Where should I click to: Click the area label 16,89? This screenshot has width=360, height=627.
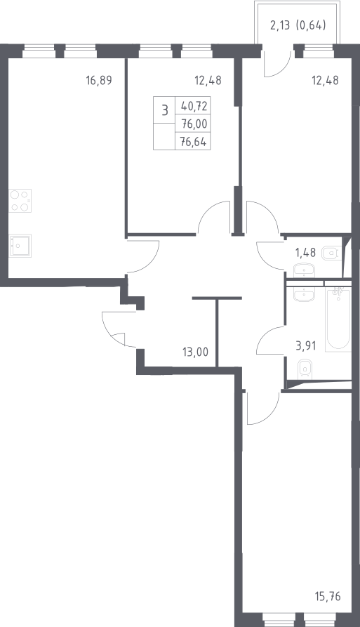tap(99, 80)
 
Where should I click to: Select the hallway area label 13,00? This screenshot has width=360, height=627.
tap(195, 352)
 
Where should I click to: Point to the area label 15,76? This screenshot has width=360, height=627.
tap(327, 597)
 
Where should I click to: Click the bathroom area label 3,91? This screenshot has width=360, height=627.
tap(306, 345)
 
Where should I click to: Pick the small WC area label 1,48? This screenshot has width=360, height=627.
tap(305, 253)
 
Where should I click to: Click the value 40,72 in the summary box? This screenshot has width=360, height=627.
tap(194, 106)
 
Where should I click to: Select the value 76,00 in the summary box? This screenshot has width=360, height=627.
tap(194, 124)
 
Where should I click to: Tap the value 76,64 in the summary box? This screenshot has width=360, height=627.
tap(194, 142)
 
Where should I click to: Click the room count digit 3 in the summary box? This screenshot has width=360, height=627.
tap(165, 110)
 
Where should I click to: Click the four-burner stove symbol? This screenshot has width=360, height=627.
tap(20, 201)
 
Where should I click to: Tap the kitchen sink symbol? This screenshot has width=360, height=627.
tap(20, 246)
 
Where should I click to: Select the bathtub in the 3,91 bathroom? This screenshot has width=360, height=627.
tap(338, 320)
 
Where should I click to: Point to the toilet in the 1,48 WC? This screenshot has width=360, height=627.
tap(331, 253)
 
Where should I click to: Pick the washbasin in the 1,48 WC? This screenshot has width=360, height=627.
tap(305, 270)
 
